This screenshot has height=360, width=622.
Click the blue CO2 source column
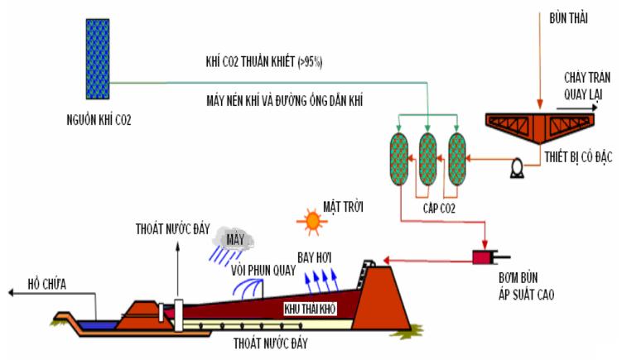[x=99, y=58]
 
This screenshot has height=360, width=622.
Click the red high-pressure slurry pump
[x=482, y=257]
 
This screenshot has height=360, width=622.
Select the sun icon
[x=314, y=219]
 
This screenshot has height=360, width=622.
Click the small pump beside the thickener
[x=497, y=170]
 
